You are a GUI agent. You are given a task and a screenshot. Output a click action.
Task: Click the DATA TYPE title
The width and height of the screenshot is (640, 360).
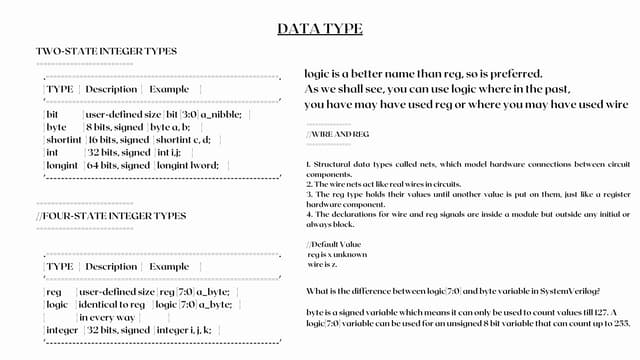(320, 28)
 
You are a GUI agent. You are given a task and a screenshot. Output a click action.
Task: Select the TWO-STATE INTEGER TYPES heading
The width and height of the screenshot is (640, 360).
(106, 51)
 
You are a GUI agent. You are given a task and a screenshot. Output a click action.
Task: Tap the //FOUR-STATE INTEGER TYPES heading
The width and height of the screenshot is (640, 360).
(111, 215)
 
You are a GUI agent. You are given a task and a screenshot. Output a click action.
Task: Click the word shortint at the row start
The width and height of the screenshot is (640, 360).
(63, 139)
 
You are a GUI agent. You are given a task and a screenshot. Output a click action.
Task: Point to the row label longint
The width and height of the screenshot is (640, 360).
(62, 165)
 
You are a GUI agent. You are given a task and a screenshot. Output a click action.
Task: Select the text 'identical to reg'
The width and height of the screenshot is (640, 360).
(112, 304)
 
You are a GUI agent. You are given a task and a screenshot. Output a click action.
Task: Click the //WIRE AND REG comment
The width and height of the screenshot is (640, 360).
(338, 133)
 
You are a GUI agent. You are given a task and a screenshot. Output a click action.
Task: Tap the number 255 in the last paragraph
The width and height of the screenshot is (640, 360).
(621, 323)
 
